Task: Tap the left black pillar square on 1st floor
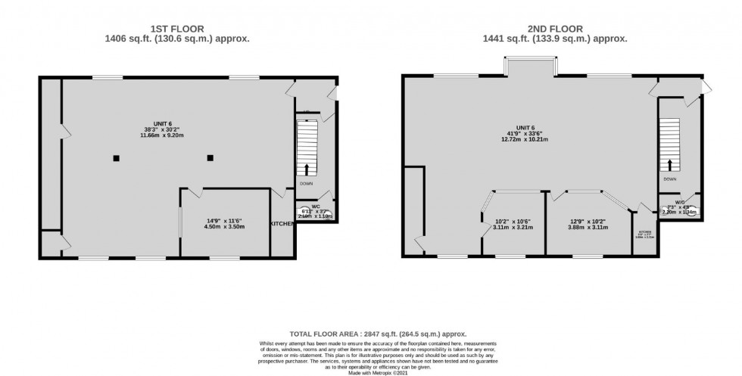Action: pos(116,158)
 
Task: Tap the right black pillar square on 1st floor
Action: pos(210,158)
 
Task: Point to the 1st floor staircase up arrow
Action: pos(307,169)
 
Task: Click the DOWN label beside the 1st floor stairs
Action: pos(307,184)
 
